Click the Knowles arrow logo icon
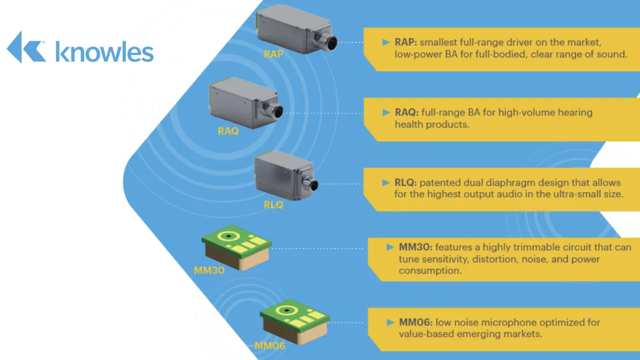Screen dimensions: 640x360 (x=26, y=47)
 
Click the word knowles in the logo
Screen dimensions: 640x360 (x=105, y=52)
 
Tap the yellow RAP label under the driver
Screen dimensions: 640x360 (x=273, y=54)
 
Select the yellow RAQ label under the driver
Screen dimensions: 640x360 (x=228, y=131)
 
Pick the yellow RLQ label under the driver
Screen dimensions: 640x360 (x=273, y=205)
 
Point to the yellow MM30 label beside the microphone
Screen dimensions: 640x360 (x=209, y=270)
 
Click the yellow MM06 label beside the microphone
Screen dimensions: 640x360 (x=270, y=346)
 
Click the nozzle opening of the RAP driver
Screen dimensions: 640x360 (x=332, y=43)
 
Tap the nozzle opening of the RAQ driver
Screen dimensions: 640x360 (x=278, y=111)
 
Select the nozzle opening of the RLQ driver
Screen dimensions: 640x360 (x=314, y=185)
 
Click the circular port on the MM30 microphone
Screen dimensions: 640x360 (x=229, y=236)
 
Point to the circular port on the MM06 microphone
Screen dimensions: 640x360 (x=286, y=310)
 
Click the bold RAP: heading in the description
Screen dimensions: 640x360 (x=406, y=42)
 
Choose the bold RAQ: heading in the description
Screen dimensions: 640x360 (x=406, y=113)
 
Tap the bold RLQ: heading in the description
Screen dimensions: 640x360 (x=406, y=182)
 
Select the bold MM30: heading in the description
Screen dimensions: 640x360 (x=415, y=247)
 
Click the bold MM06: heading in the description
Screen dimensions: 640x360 (x=415, y=322)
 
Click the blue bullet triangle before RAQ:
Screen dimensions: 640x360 (x=386, y=113)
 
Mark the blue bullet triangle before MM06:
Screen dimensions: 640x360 (x=390, y=323)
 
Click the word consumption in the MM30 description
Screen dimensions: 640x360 (x=430, y=270)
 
